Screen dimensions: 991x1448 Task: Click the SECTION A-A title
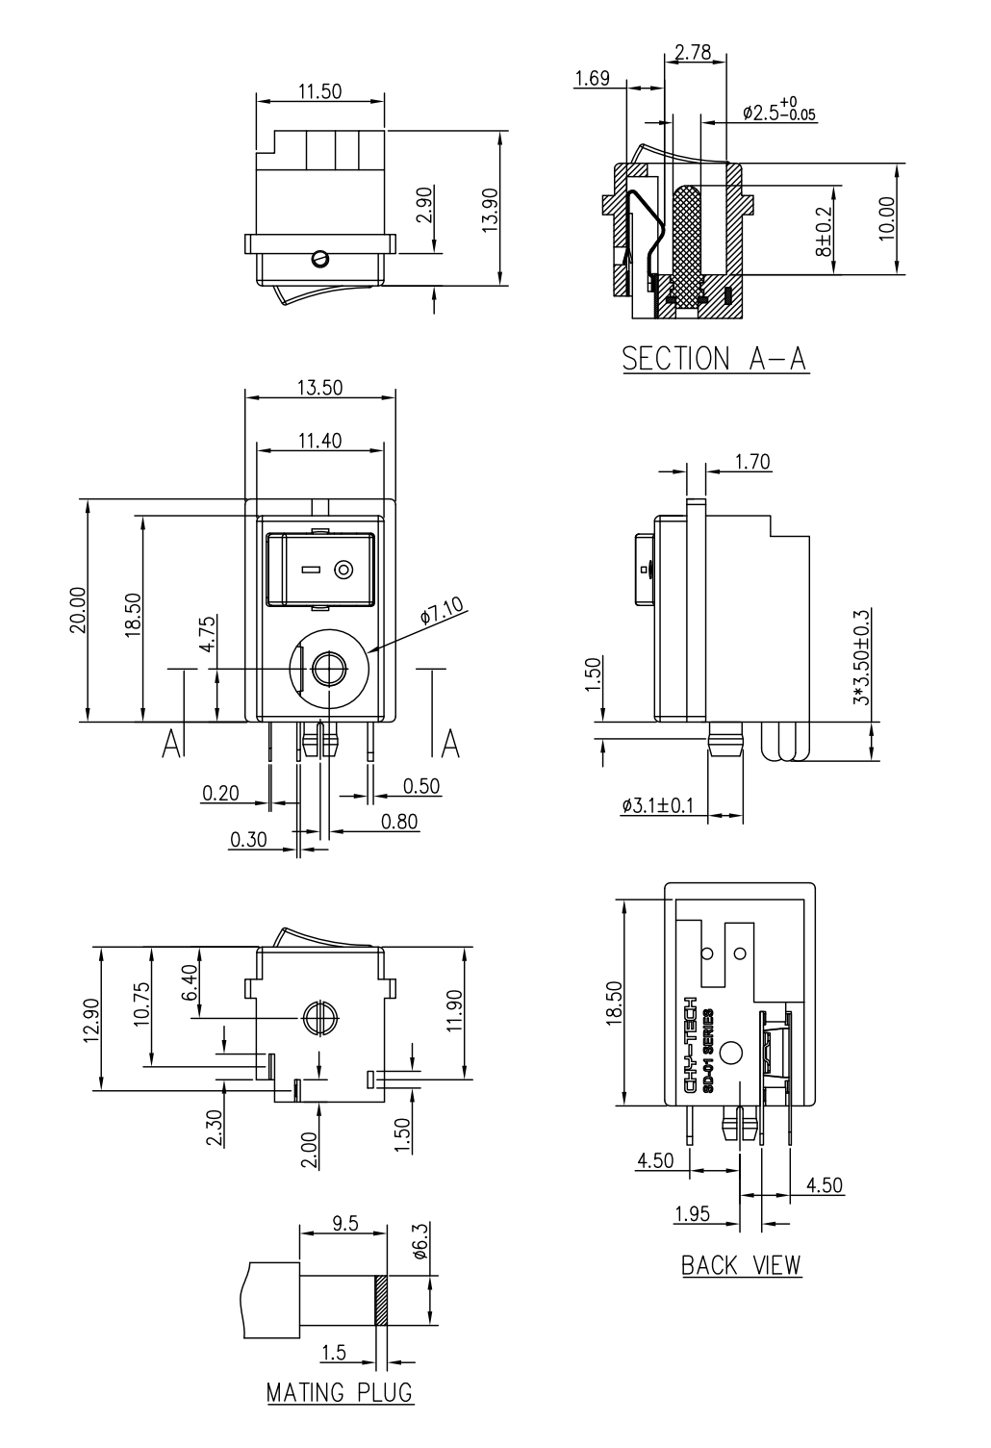tap(715, 359)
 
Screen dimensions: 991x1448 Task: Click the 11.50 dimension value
tap(320, 91)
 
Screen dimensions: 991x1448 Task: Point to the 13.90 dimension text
tap(490, 210)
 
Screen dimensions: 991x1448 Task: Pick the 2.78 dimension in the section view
tap(693, 52)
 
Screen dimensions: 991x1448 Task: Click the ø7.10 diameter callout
tap(442, 610)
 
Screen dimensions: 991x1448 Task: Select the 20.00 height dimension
tap(78, 610)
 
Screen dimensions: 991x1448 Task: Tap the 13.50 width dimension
tap(320, 387)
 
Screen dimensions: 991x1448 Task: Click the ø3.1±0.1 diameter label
tap(657, 805)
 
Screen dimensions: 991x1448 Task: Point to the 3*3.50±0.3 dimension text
tap(862, 657)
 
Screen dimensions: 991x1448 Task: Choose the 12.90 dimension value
tap(91, 1021)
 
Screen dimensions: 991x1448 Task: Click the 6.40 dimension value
tap(191, 982)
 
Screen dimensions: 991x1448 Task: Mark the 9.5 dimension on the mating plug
tap(345, 1224)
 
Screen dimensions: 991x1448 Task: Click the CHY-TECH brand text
tap(690, 1045)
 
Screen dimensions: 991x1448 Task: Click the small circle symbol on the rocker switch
tap(343, 571)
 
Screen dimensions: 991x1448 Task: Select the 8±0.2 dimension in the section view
tap(825, 232)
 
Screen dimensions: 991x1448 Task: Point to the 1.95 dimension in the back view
tap(693, 1214)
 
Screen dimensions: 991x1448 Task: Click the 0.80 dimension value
tap(399, 822)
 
